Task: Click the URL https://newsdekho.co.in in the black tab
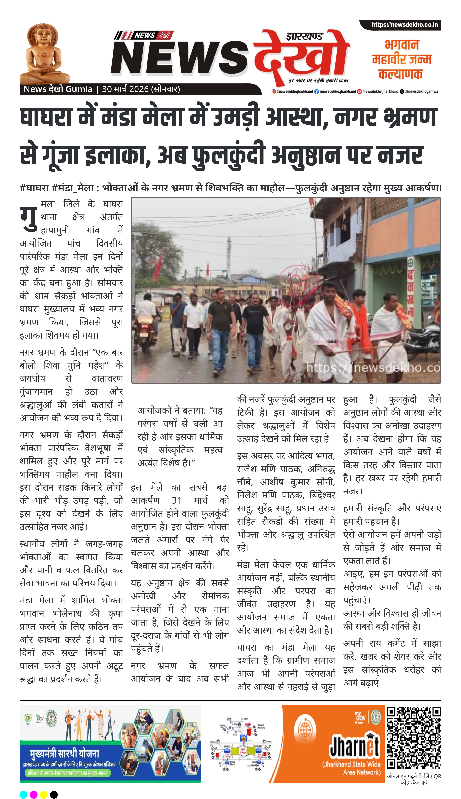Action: [x=404, y=25]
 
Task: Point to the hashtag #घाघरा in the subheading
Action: [x=34, y=188]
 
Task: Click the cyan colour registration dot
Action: [x=23, y=795]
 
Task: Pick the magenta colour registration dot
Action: [x=34, y=795]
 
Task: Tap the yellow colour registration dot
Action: [x=44, y=795]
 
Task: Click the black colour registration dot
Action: [x=54, y=795]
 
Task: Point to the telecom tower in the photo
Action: [x=229, y=253]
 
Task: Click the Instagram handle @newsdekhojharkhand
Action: [x=294, y=91]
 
